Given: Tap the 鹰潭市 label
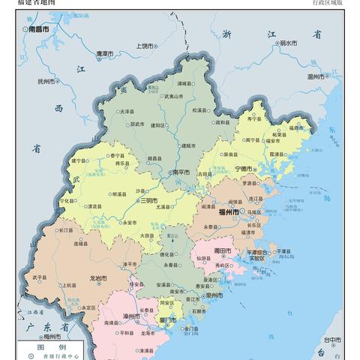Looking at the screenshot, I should point(104,55).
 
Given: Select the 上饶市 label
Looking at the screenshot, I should point(145,46).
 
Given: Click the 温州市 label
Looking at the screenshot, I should point(316,76).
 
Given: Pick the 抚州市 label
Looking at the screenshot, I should point(46,81).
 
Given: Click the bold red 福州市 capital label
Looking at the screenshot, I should point(228,212).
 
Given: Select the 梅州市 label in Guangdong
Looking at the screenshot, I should point(52,337).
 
